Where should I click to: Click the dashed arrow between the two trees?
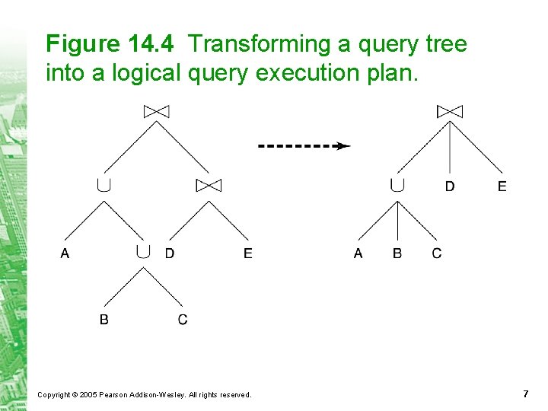pyautogui.click(x=304, y=145)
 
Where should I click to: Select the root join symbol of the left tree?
pyautogui.click(x=156, y=112)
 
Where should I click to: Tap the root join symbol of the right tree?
pyautogui.click(x=449, y=112)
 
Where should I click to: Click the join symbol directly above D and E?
pyautogui.click(x=208, y=185)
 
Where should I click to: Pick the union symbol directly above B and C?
pyautogui.click(x=143, y=252)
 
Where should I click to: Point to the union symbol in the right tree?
pyautogui.click(x=397, y=185)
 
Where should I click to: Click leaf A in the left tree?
pyautogui.click(x=65, y=253)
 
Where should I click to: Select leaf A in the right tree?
pyautogui.click(x=358, y=253)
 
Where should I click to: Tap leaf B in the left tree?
pyautogui.click(x=104, y=320)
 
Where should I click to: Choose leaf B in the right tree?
pyautogui.click(x=397, y=253)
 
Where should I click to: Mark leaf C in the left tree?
pyautogui.click(x=183, y=320)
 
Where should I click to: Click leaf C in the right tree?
pyautogui.click(x=437, y=253)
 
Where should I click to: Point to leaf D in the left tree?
pyautogui.click(x=169, y=253)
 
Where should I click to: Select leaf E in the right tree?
pyautogui.click(x=502, y=186)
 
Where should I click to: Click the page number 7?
pyautogui.click(x=525, y=393)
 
